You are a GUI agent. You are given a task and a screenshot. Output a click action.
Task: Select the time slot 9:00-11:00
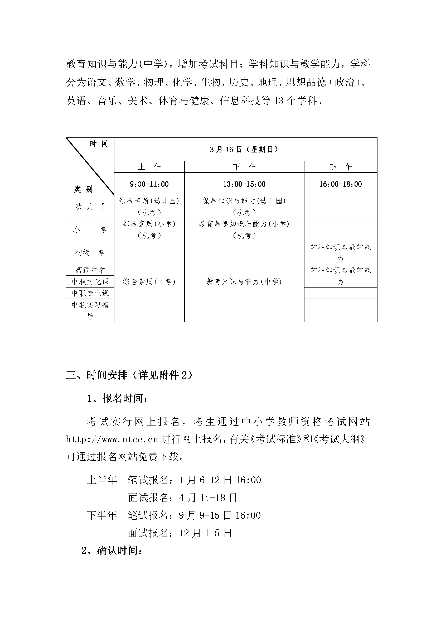(x=149, y=184)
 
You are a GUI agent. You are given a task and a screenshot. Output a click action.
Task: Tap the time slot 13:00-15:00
(x=244, y=184)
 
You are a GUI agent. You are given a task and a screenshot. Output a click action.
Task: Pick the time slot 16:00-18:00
(x=340, y=184)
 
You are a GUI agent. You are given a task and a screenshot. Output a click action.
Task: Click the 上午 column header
(x=149, y=167)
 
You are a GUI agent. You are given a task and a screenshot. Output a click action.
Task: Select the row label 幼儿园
(x=90, y=207)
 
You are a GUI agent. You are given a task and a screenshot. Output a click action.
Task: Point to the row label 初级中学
(x=90, y=253)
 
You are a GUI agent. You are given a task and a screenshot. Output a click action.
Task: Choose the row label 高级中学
(x=90, y=270)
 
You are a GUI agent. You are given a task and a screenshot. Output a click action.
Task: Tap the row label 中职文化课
(x=90, y=281)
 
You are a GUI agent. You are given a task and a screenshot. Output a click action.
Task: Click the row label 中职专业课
(x=90, y=293)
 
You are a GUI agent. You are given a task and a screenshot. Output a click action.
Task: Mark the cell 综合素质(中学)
(x=149, y=281)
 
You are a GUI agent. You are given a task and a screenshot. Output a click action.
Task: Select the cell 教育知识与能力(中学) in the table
(x=244, y=281)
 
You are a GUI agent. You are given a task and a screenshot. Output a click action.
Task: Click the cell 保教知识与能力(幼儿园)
(x=244, y=201)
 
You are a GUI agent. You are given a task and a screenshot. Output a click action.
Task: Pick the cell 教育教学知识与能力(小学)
(x=244, y=224)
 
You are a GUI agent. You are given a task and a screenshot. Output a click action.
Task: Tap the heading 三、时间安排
(x=97, y=375)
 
